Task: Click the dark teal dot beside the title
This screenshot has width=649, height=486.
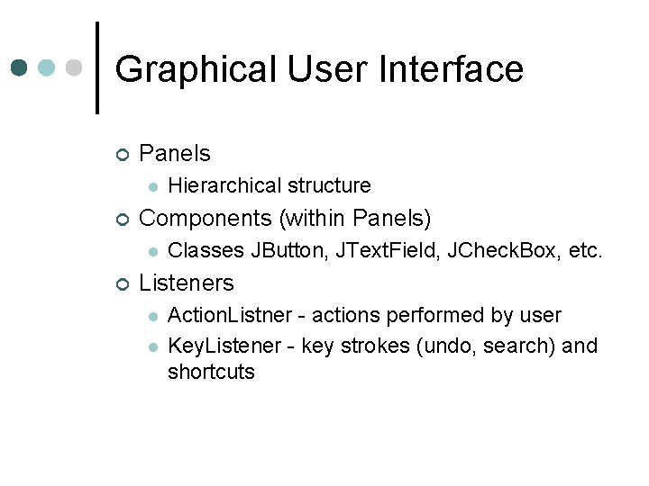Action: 20,67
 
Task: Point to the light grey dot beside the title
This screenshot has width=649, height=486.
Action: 75,67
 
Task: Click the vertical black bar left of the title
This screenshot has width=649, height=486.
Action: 97,67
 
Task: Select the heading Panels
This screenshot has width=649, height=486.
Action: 175,153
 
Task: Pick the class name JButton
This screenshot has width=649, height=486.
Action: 290,250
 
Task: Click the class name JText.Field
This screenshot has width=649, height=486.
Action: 379,250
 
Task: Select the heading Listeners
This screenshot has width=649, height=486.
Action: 187,283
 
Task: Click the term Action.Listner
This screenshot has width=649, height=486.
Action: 230,315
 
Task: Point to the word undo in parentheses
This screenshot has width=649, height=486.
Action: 439,346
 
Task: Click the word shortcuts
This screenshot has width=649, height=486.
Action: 211,372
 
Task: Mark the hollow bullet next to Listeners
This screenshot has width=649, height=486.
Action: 123,283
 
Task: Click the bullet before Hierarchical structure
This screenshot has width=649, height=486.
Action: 154,186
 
